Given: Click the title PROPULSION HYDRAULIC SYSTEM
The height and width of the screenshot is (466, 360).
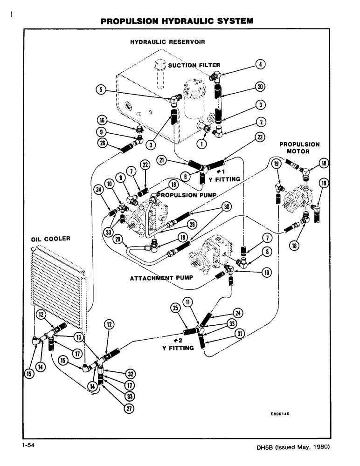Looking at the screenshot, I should (x=177, y=21).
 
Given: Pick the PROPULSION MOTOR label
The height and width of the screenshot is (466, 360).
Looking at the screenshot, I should (x=299, y=148).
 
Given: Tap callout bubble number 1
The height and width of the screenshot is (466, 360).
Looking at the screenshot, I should (x=201, y=144).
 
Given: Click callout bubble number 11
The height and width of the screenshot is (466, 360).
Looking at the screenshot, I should (x=189, y=303).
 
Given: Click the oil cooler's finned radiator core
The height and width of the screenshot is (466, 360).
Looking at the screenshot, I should (x=56, y=280).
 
